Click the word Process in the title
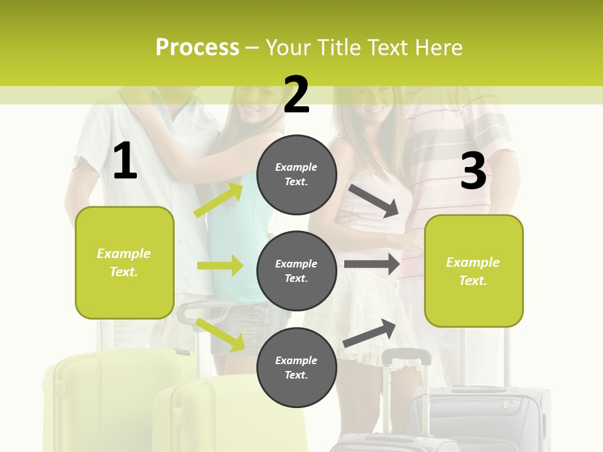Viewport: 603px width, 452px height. [197, 48]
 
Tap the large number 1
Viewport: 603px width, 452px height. [125, 161]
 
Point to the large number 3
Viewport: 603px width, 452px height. [473, 171]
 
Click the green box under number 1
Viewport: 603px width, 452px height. [124, 262]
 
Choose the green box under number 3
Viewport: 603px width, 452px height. [474, 271]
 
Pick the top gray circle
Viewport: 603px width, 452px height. [296, 174]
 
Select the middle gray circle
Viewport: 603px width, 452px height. [296, 271]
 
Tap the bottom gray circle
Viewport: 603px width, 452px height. [296, 367]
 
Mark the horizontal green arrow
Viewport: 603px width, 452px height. [220, 266]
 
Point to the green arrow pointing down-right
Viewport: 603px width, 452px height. [220, 334]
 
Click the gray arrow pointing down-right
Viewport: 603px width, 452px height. [374, 200]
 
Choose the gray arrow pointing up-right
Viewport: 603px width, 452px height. [370, 333]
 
